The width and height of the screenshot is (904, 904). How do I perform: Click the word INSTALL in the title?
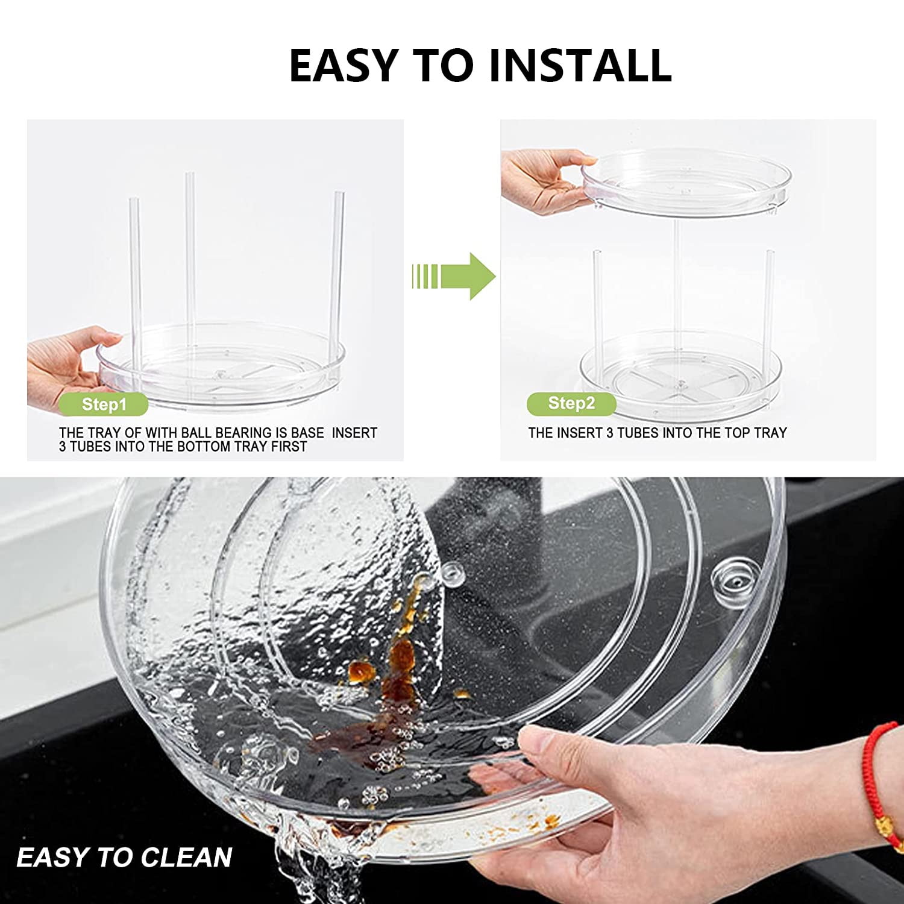pyautogui.click(x=580, y=65)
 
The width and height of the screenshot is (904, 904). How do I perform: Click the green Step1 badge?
pyautogui.click(x=104, y=404)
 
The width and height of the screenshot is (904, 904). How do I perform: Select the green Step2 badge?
pyautogui.click(x=571, y=403)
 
